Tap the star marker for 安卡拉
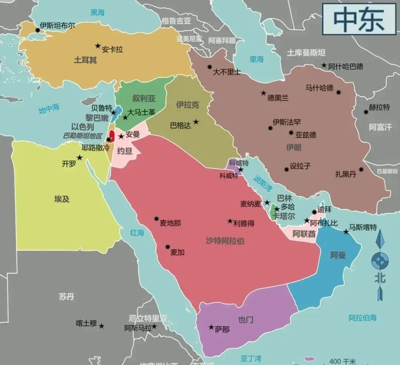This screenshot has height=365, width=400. (x=98, y=46)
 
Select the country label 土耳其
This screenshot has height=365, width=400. (x=85, y=60)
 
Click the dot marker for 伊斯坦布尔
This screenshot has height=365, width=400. (x=37, y=30)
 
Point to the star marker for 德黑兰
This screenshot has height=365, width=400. (x=263, y=93)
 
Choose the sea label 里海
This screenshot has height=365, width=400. (x=256, y=59)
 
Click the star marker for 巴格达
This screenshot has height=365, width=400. (x=196, y=122)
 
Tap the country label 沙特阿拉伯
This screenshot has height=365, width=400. (x=225, y=241)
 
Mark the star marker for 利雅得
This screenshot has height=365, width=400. (x=230, y=221)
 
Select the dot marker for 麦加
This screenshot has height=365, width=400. (x=167, y=247)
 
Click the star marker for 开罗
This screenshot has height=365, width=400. (x=79, y=158)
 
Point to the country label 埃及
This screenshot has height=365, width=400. (x=62, y=199)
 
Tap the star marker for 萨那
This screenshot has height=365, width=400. (x=211, y=327)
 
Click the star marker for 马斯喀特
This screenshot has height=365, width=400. (x=346, y=231)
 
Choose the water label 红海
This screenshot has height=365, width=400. (x=137, y=232)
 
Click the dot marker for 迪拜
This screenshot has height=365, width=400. (x=314, y=212)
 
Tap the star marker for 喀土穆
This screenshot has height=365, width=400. (x=101, y=326)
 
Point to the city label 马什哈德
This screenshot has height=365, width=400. (x=319, y=88)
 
